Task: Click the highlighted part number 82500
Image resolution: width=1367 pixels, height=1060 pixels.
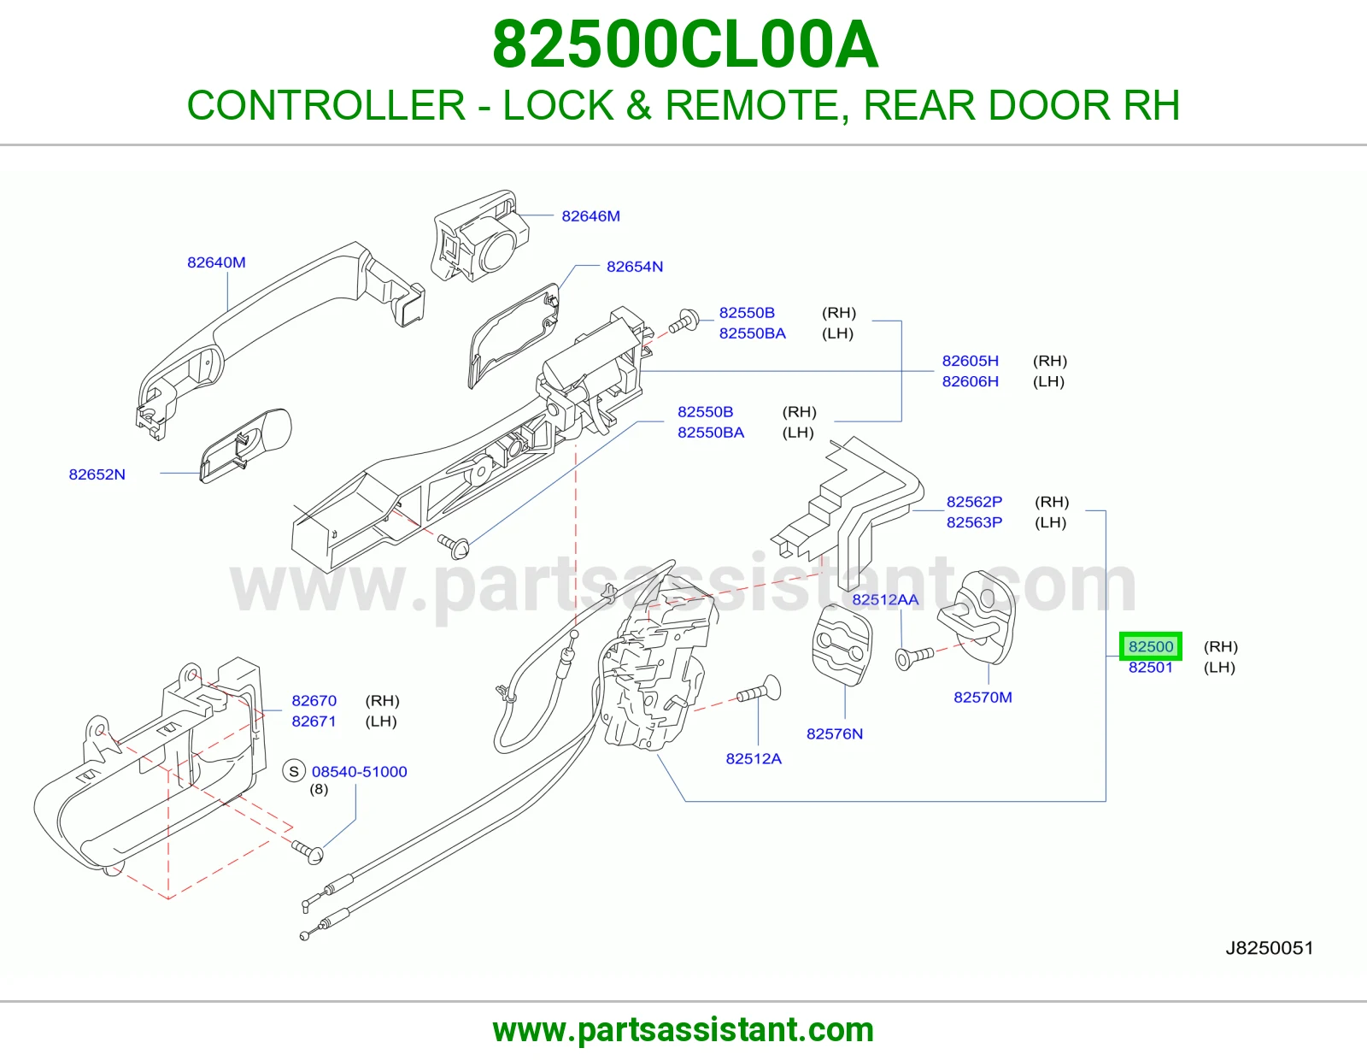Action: click(1151, 646)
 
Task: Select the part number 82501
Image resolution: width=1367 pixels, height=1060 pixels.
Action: click(1151, 668)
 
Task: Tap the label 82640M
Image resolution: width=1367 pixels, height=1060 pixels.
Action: click(216, 262)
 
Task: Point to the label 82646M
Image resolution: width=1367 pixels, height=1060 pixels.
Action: click(590, 216)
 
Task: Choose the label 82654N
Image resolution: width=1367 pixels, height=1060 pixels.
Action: click(635, 266)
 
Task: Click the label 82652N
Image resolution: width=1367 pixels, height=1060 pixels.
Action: click(97, 474)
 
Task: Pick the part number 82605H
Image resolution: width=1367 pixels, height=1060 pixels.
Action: click(970, 361)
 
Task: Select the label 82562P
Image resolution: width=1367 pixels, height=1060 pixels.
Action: click(975, 502)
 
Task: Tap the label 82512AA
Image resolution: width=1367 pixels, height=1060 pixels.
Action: click(885, 599)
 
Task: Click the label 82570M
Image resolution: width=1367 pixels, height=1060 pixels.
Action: click(983, 697)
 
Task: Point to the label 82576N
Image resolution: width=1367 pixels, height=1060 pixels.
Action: click(835, 733)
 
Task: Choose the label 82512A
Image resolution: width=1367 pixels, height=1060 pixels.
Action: click(754, 758)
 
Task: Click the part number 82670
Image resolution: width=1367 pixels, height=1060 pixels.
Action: click(314, 701)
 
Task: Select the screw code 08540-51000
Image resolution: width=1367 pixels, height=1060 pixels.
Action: click(359, 771)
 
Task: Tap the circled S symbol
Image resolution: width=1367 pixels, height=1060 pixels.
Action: click(294, 771)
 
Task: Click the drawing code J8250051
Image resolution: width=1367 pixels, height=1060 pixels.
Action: click(1270, 948)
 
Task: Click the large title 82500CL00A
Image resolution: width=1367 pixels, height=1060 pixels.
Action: click(685, 44)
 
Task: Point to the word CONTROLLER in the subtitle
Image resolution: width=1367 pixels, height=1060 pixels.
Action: click(326, 105)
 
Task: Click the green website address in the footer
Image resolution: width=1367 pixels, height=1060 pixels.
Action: click(683, 1030)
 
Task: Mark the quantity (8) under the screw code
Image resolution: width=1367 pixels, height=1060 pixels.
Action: click(319, 789)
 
